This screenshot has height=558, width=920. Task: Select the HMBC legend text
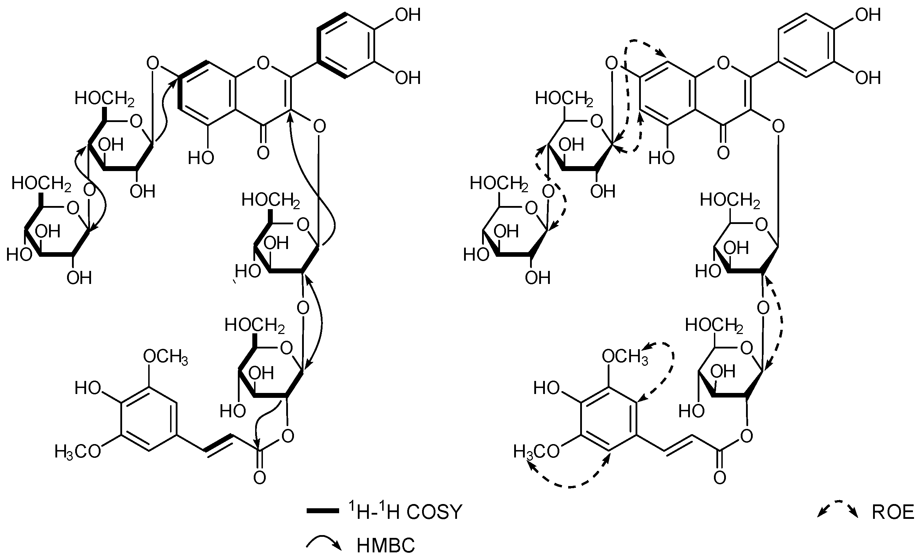tap(385, 546)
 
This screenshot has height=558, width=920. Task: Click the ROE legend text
tap(892, 512)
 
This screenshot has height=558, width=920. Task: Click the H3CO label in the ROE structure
tap(536, 451)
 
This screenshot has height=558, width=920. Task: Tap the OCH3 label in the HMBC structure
tap(166, 357)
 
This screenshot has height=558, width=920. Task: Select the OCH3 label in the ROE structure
tap(624, 357)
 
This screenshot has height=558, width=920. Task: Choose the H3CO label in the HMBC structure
tap(78, 451)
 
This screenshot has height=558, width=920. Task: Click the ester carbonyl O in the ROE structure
tap(720, 477)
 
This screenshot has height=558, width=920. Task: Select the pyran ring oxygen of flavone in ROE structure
tap(723, 63)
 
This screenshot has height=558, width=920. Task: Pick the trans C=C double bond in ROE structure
tap(679, 444)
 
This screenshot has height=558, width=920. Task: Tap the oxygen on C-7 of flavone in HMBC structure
tap(152, 63)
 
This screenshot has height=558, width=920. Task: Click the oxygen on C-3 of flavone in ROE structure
tap(778, 127)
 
